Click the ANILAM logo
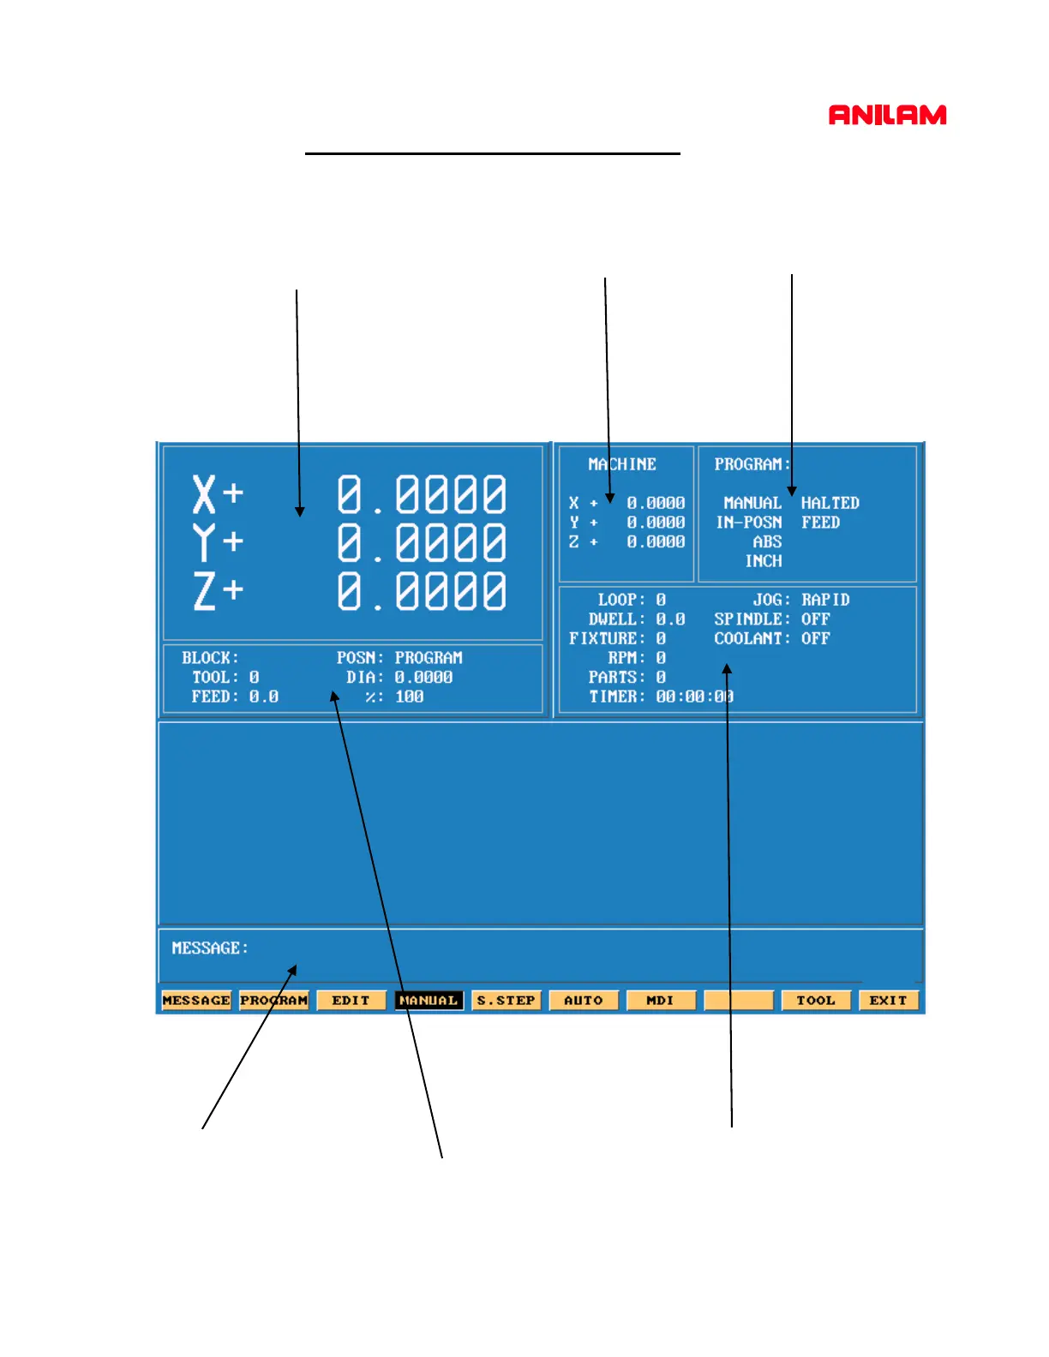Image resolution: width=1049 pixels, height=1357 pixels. [887, 115]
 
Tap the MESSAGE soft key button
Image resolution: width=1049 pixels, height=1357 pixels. [196, 1000]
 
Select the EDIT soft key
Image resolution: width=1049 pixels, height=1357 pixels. [351, 1000]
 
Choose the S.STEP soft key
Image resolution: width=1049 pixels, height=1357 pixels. [506, 1000]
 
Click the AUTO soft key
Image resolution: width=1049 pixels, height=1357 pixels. [583, 1000]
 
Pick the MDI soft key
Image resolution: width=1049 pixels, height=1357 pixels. [660, 1000]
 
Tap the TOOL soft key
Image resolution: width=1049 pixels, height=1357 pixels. [815, 1000]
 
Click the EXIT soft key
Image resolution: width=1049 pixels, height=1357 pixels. [888, 1000]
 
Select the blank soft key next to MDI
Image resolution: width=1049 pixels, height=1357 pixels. [738, 1000]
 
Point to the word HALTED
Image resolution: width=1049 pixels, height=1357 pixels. [830, 503]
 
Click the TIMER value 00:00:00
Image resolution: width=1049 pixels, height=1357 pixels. [694, 696]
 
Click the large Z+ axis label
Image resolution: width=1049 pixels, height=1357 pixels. [218, 591]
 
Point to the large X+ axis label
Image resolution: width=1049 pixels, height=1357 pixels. [218, 494]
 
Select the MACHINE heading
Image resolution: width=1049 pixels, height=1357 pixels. [621, 464]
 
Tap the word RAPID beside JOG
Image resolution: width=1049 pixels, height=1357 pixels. [825, 600]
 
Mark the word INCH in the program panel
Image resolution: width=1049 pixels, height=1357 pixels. [763, 561]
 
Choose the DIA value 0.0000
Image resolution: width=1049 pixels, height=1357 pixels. [423, 677]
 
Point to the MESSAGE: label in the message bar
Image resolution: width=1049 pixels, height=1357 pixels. [210, 948]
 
